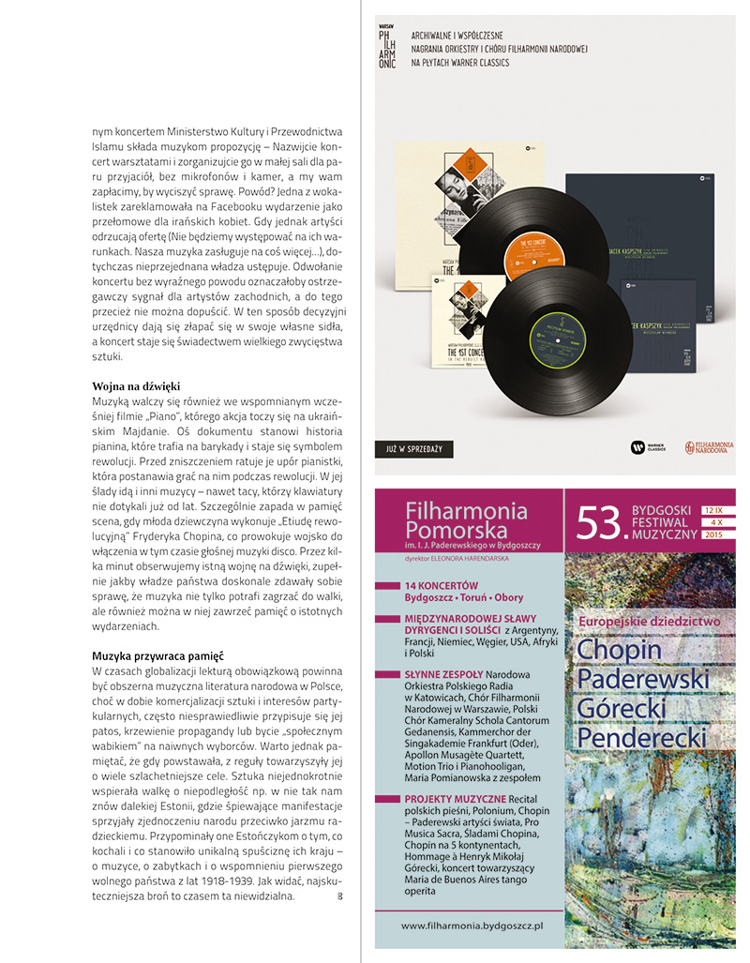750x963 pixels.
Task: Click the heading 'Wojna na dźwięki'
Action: click(x=136, y=386)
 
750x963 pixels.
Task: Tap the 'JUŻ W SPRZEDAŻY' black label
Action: click(x=414, y=449)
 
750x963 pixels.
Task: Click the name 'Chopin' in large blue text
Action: click(x=619, y=649)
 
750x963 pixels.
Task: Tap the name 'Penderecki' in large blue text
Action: click(x=641, y=738)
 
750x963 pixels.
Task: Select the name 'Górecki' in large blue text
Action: click(x=622, y=708)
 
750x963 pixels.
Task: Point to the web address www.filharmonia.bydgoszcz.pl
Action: click(x=472, y=925)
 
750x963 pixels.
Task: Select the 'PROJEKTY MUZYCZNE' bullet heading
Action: click(x=455, y=798)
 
